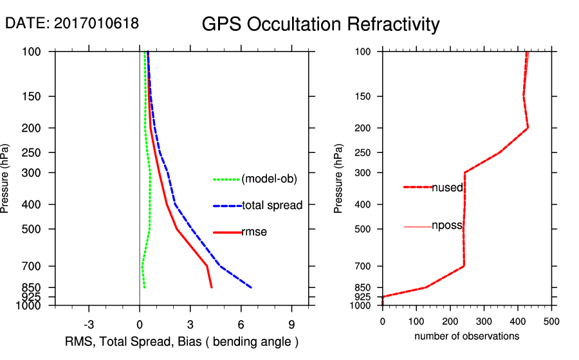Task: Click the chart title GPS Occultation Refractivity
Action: [x=320, y=24]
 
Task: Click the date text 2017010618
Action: [x=96, y=24]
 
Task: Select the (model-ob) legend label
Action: [x=269, y=179]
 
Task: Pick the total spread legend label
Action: [x=272, y=206]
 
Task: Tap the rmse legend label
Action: [x=254, y=232]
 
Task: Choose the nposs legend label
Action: [x=448, y=226]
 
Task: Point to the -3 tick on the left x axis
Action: [x=89, y=323]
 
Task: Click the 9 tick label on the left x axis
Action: [x=292, y=323]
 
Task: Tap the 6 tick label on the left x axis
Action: [x=241, y=323]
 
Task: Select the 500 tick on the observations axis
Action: [x=551, y=321]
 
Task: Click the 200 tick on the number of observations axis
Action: [x=450, y=321]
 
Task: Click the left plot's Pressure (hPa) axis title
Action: [x=7, y=178]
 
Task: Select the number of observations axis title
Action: [x=466, y=336]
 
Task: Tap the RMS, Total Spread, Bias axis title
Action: [x=182, y=341]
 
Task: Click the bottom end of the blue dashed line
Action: [x=251, y=287]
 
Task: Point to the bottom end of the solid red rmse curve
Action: [x=211, y=287]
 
